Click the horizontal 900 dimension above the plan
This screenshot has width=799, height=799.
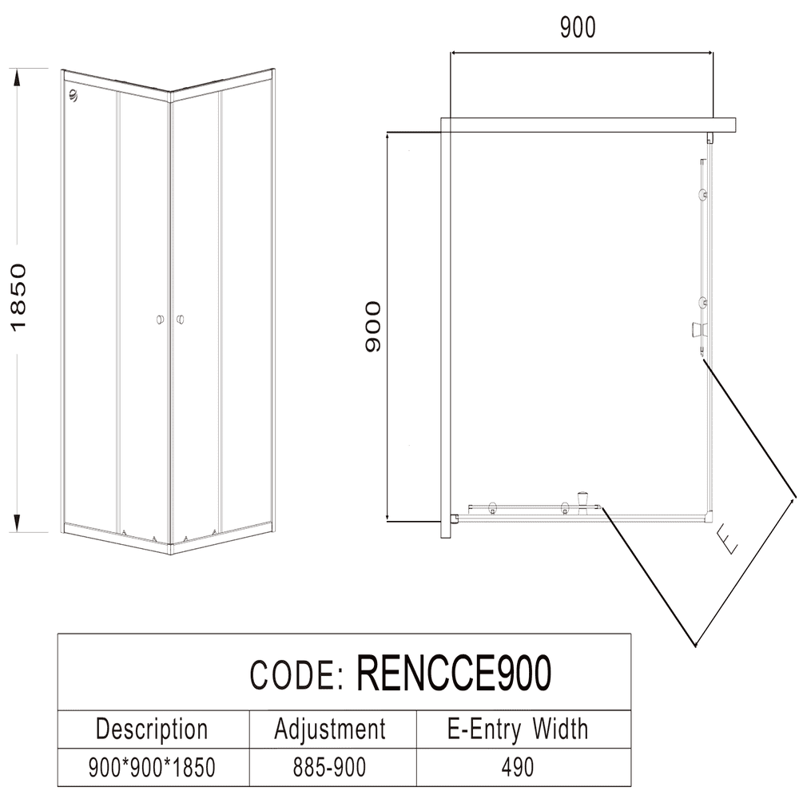tap(578, 27)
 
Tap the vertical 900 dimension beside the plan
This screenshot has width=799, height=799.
tap(373, 327)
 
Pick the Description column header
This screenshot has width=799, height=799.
tap(152, 729)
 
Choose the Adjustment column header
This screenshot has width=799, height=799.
tap(329, 729)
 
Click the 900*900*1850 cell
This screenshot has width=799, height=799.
tap(152, 768)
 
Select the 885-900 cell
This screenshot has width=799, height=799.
tap(329, 768)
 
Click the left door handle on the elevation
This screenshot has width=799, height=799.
tap(160, 320)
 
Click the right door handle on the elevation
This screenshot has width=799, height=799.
tap(181, 320)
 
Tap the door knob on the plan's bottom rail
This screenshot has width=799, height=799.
tap(584, 501)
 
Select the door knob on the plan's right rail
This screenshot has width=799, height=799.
tap(698, 328)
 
